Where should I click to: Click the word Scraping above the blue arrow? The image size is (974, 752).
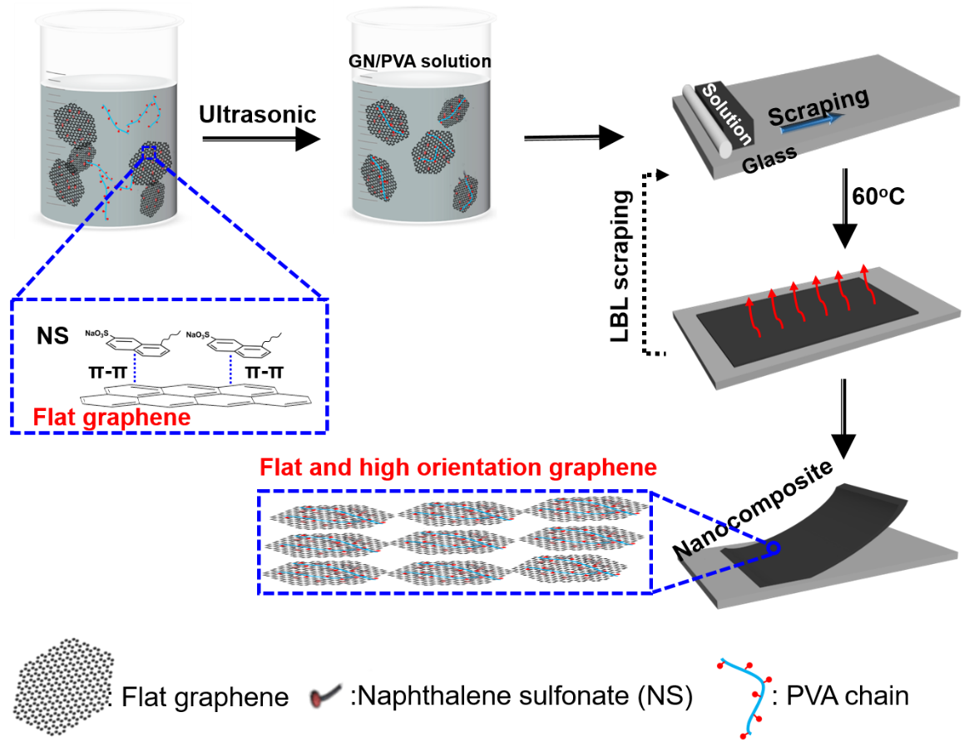(818, 106)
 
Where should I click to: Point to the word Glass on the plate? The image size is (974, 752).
(769, 157)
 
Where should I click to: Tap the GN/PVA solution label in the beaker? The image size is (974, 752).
(419, 62)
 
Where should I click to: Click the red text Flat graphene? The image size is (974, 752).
(111, 417)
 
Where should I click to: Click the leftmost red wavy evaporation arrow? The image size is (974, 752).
(754, 316)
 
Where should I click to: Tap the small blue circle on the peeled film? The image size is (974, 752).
(774, 548)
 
